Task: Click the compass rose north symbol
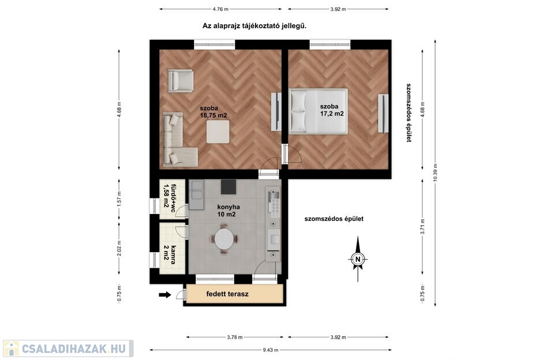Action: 358,259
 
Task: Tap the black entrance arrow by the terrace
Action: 164,295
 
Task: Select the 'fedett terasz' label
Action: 227,294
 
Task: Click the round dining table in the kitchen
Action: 224,238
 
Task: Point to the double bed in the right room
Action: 318,111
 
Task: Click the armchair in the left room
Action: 181,80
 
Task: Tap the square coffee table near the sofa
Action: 218,132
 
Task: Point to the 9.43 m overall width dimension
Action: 271,350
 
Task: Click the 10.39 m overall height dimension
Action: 435,173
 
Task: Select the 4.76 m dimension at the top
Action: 220,9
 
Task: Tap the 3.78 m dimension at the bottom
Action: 235,337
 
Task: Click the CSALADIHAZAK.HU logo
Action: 69,348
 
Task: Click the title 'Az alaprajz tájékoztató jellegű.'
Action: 254,26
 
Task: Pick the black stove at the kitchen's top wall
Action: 229,187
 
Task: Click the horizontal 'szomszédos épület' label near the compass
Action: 334,219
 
